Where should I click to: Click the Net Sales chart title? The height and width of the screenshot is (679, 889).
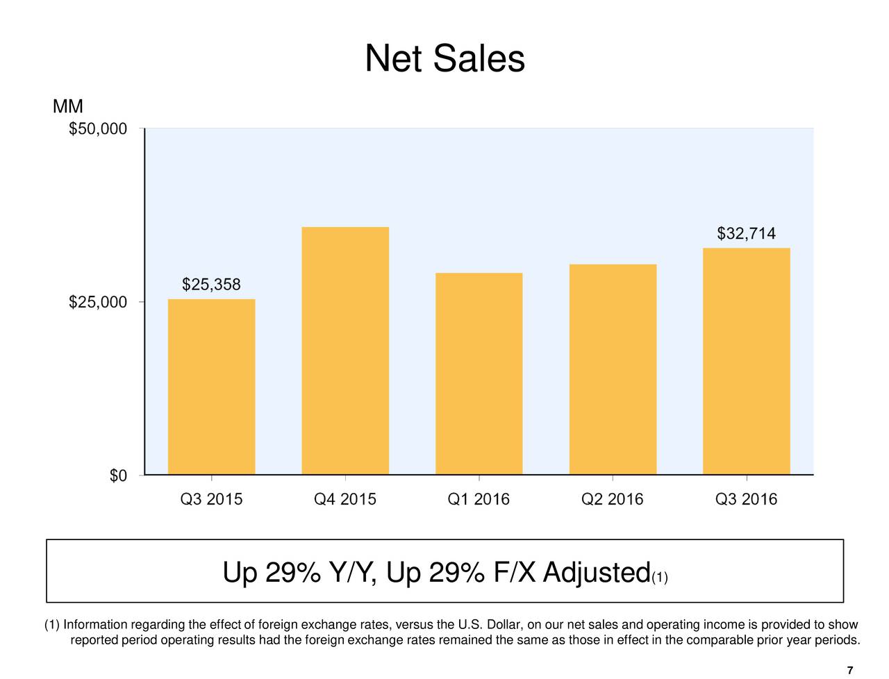pos(444,58)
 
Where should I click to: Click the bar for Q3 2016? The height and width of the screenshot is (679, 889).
pos(746,361)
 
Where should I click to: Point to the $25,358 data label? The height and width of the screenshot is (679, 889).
pos(211,285)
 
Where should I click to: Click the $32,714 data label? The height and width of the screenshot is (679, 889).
pos(746,233)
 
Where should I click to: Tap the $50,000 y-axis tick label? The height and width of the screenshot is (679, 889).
pos(98,129)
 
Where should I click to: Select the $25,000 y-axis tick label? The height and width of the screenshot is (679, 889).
pos(98,302)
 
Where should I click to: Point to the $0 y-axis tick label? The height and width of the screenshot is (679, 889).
pos(118,476)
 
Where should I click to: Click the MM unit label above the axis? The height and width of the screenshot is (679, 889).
pos(67,107)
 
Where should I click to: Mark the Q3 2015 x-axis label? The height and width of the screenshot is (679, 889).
pos(211,499)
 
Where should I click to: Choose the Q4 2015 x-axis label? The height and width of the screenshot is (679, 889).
pos(345,499)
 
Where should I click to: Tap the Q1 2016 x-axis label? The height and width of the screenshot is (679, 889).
pos(479,499)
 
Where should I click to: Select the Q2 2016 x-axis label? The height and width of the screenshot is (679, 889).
pos(613,499)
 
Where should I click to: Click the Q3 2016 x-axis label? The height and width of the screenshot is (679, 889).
pos(746,499)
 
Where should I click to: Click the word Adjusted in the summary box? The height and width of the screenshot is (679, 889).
pos(596,573)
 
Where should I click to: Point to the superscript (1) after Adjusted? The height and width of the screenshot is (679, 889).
pos(660,578)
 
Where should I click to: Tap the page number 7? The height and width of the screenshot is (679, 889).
pos(850,670)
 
